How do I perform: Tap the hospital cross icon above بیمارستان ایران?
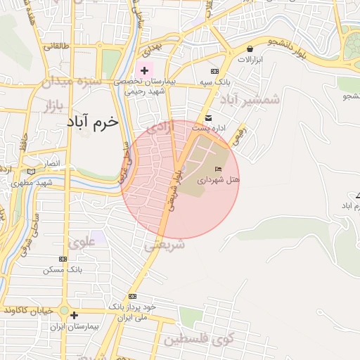[74, 315]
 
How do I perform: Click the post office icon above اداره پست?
[208, 117]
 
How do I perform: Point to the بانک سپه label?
[215, 82]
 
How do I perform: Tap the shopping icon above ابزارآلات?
[251, 49]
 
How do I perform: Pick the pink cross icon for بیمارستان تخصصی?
[145, 70]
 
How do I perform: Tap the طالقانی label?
[58, 47]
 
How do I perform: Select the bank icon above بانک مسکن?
[64, 259]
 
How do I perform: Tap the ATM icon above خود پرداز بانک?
[133, 297]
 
